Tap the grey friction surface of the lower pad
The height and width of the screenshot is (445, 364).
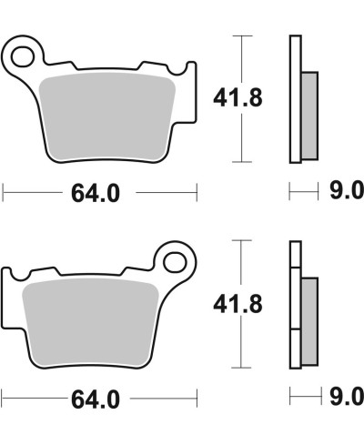click(x=91, y=319)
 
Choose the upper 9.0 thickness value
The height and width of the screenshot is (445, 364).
click(x=347, y=191)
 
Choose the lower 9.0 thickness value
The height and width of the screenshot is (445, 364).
click(x=347, y=398)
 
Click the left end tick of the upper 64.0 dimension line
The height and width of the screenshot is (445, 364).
click(x=4, y=192)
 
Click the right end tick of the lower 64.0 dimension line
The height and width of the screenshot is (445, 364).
click(x=197, y=399)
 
